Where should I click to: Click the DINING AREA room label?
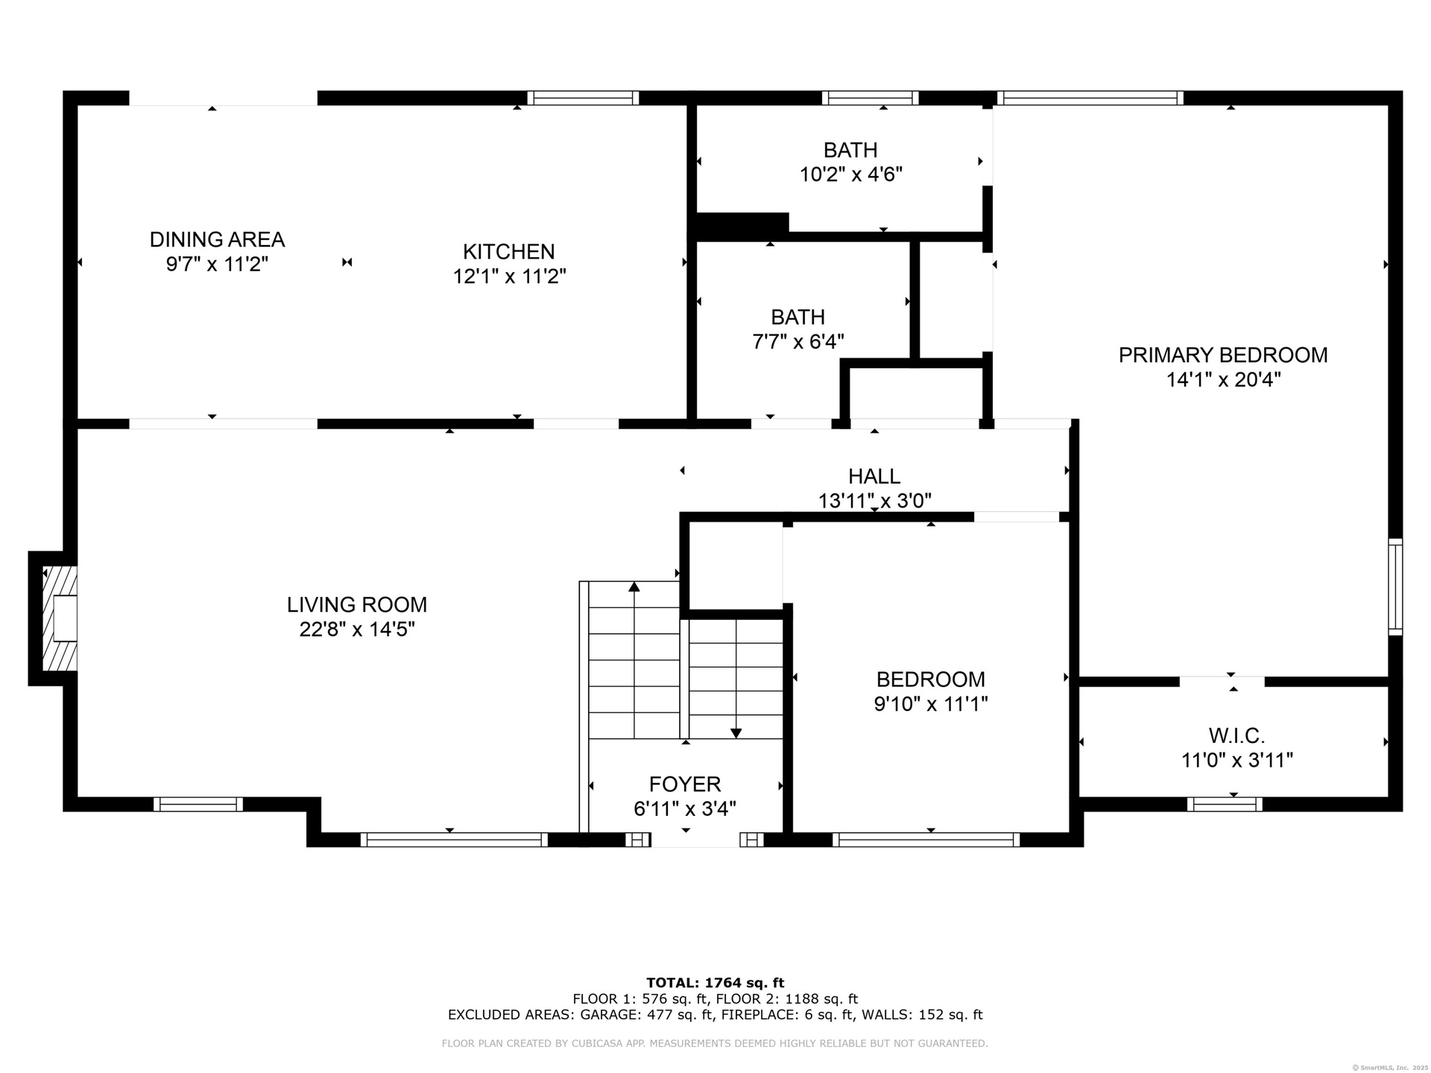[x=217, y=239]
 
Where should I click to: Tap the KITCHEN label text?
[x=509, y=252]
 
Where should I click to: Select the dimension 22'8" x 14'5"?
[x=357, y=630]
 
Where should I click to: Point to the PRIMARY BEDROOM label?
[x=1223, y=355]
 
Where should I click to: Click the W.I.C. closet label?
[x=1237, y=736]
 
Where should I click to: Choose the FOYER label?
[x=685, y=784]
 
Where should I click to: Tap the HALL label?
[x=874, y=476]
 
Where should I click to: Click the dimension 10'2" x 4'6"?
[x=851, y=175]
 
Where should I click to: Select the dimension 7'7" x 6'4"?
[x=798, y=342]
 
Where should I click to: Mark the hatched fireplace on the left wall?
[x=60, y=618]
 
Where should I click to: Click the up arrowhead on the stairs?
[x=634, y=586]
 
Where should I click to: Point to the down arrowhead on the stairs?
[x=736, y=733]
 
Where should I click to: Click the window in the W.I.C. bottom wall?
[x=1225, y=804]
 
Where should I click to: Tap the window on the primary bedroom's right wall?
[x=1395, y=587]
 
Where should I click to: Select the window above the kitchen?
[x=583, y=98]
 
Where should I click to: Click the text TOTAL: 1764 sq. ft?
[x=715, y=983]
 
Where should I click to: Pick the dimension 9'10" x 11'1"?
[x=931, y=704]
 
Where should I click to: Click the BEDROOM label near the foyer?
[x=931, y=680]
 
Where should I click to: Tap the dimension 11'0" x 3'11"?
[x=1237, y=761]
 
